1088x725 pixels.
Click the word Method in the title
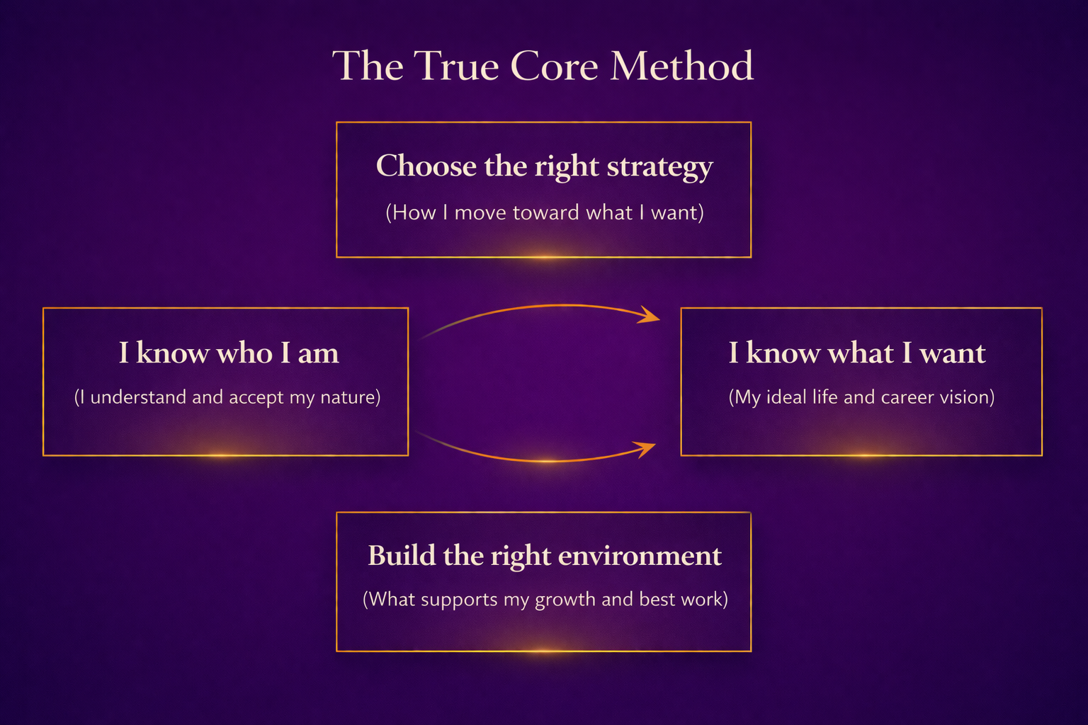pos(682,66)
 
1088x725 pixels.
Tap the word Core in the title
pos(554,66)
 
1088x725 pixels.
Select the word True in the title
pos(456,66)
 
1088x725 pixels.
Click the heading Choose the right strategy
pos(545,166)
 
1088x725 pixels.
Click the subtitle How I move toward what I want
pos(545,212)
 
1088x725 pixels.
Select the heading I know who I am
pos(229,353)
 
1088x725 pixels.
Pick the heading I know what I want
pos(857,353)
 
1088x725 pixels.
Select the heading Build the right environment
pos(545,556)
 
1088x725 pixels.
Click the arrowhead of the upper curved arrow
pos(650,314)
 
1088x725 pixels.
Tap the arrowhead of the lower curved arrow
pos(646,449)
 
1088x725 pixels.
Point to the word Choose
pos(426,166)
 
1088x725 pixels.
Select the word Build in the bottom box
pos(402,556)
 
